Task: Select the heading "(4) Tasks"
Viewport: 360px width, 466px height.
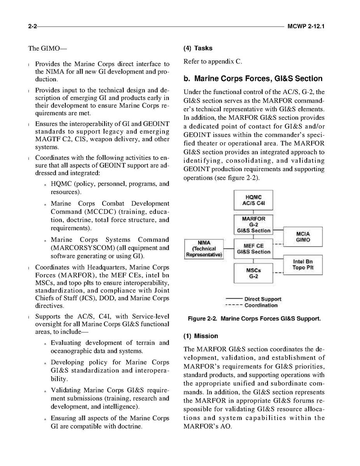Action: click(197, 48)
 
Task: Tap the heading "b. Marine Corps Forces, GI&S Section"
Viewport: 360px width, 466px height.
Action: click(253, 79)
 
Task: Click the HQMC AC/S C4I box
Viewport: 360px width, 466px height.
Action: click(253, 200)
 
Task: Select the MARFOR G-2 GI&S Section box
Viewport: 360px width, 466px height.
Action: click(253, 224)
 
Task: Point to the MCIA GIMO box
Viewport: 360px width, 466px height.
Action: click(303, 237)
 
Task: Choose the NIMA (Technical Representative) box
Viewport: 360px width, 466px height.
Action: click(204, 249)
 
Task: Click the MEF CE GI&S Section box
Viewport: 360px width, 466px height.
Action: click(253, 249)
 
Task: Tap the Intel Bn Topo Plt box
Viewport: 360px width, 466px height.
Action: click(303, 265)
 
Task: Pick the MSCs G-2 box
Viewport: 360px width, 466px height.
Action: click(253, 273)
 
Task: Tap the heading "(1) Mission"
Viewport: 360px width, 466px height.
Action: click(200, 336)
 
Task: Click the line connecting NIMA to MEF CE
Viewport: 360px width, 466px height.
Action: click(229, 249)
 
